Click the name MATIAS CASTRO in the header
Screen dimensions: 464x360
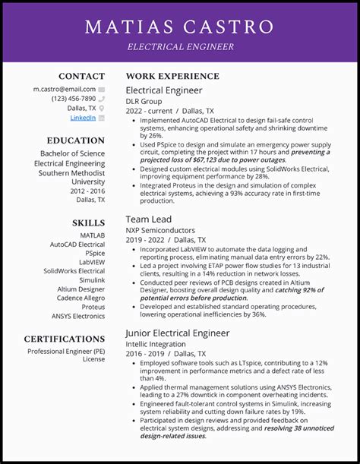click(179, 27)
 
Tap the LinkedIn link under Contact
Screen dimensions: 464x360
click(83, 118)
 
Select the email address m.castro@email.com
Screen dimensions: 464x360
click(64, 89)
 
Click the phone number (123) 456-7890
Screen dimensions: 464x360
click(74, 99)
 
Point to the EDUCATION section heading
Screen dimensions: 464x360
click(75, 140)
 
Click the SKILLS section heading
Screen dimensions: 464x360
click(88, 223)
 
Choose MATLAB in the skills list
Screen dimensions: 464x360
click(91, 235)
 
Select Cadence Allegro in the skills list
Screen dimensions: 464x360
click(80, 298)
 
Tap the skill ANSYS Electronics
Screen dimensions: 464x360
click(78, 316)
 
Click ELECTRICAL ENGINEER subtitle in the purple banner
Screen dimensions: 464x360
click(180, 47)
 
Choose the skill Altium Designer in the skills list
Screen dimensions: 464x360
click(81, 289)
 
